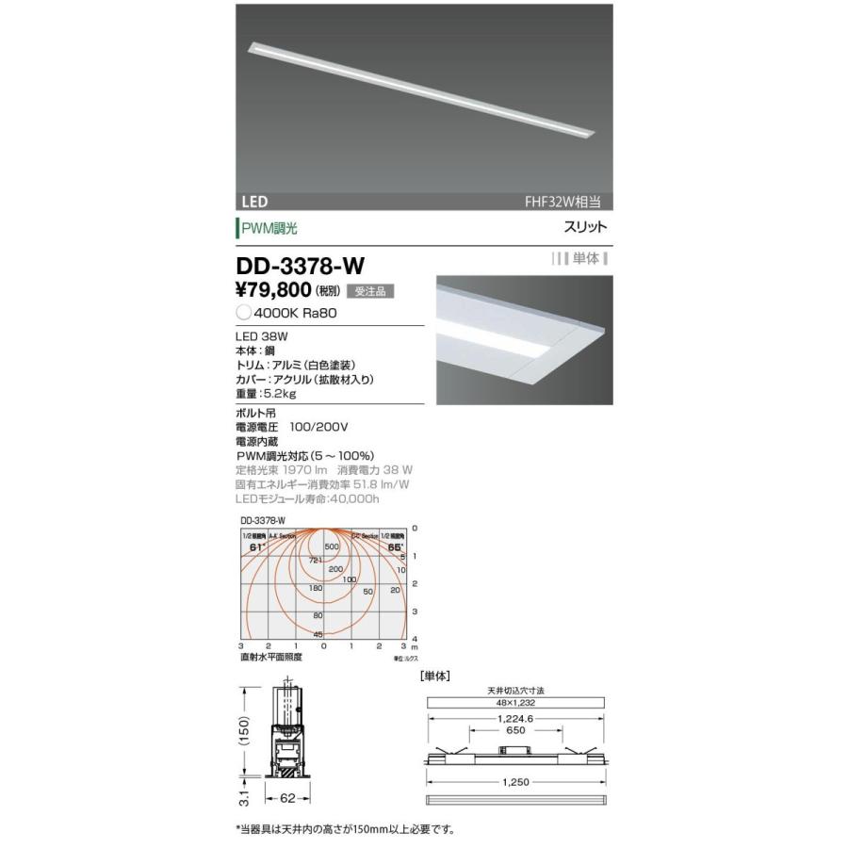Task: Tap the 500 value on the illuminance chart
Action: click(332, 546)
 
